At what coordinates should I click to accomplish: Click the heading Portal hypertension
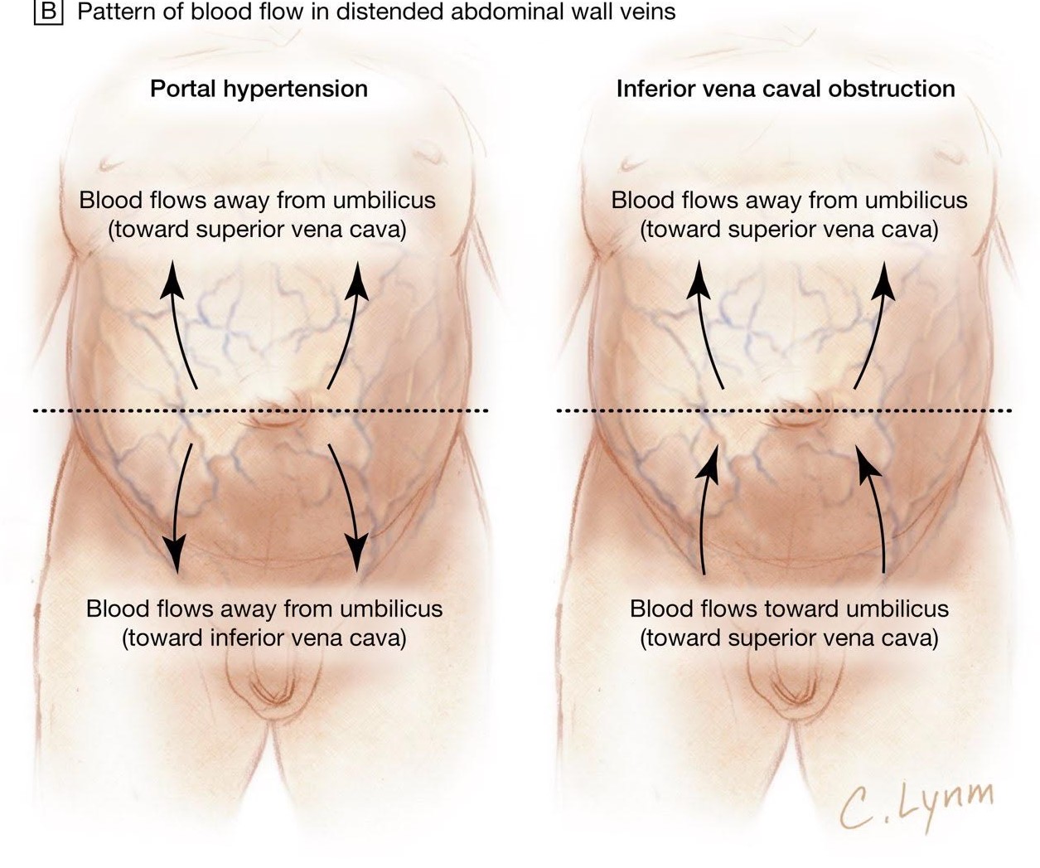(259, 89)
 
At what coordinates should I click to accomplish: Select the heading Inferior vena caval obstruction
(785, 89)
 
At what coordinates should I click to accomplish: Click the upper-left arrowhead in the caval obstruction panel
(699, 277)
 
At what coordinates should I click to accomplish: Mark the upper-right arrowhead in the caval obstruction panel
(886, 277)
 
